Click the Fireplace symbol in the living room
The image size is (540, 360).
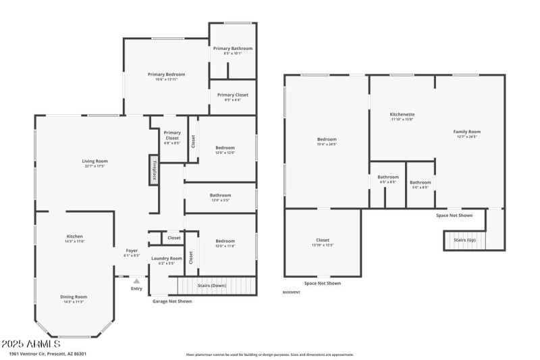[x=154, y=170]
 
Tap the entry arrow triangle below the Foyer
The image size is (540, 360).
[x=136, y=281]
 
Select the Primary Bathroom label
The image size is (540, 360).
[x=232, y=49]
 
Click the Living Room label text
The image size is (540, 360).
[x=95, y=161]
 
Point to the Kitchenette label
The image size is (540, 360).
[x=402, y=114]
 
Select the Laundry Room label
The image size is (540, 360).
[x=166, y=258]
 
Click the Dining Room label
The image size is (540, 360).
[x=75, y=297]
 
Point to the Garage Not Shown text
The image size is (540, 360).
[x=171, y=301]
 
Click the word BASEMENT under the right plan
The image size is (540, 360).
[x=292, y=292]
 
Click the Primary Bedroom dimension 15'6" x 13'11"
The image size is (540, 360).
[x=166, y=80]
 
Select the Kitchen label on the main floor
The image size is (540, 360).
[x=74, y=236]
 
